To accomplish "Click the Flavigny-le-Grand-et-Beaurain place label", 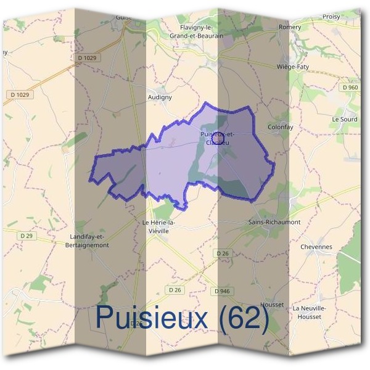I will [195, 32].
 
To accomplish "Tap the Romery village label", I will [290, 28].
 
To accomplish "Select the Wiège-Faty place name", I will [293, 67].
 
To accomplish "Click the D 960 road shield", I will [350, 88].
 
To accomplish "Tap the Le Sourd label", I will [344, 119].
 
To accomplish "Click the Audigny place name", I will [160, 97].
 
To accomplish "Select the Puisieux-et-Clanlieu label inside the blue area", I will [217, 138].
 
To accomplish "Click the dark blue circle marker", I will [217, 139].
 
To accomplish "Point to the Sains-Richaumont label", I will [274, 221].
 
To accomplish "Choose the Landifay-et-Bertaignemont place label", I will [90, 240].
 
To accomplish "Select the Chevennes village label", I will [316, 247].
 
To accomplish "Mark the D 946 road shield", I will [222, 290].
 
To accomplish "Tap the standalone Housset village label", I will [273, 305].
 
